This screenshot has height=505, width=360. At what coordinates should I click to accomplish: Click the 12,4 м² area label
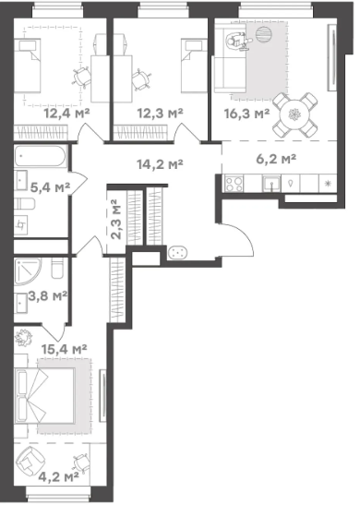(x=66, y=114)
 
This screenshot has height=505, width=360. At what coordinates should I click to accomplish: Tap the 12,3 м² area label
(x=160, y=114)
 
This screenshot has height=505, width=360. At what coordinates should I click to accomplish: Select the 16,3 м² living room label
(x=246, y=114)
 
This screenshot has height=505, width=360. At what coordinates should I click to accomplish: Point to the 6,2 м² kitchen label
(x=276, y=159)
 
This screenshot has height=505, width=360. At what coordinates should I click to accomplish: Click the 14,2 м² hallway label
(x=160, y=164)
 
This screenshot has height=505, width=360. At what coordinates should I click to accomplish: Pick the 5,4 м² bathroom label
(x=50, y=187)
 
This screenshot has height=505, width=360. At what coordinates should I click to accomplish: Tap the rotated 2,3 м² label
(x=115, y=219)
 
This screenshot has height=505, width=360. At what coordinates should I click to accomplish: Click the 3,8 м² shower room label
(x=48, y=295)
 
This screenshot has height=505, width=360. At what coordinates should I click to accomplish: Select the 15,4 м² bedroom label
(x=65, y=349)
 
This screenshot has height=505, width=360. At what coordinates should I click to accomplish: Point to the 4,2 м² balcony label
(x=58, y=476)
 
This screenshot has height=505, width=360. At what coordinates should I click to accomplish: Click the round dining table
(x=294, y=114)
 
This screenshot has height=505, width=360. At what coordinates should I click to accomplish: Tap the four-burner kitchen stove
(x=234, y=184)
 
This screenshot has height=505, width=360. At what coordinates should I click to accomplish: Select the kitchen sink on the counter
(x=271, y=184)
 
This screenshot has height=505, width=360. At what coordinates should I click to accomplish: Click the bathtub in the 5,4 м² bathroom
(x=41, y=157)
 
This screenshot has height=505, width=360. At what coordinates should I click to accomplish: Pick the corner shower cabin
(x=27, y=271)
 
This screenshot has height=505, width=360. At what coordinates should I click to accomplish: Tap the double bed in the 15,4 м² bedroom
(x=44, y=396)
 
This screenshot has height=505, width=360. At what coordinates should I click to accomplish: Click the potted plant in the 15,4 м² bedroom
(x=23, y=337)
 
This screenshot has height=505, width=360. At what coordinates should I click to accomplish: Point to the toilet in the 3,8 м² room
(x=58, y=268)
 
